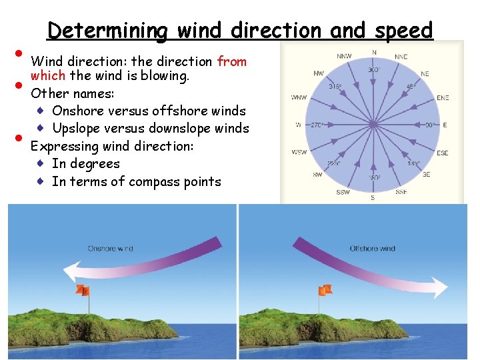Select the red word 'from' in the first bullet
click(232, 62)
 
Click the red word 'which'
click(47, 75)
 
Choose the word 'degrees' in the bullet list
click(95, 163)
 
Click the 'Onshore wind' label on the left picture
click(111, 249)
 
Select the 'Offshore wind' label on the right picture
click(372, 249)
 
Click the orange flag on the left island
click(82, 290)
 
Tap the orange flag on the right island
click(325, 289)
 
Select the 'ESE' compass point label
click(442, 153)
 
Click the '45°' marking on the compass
click(411, 87)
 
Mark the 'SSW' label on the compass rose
click(343, 192)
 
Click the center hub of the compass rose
click(373, 124)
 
